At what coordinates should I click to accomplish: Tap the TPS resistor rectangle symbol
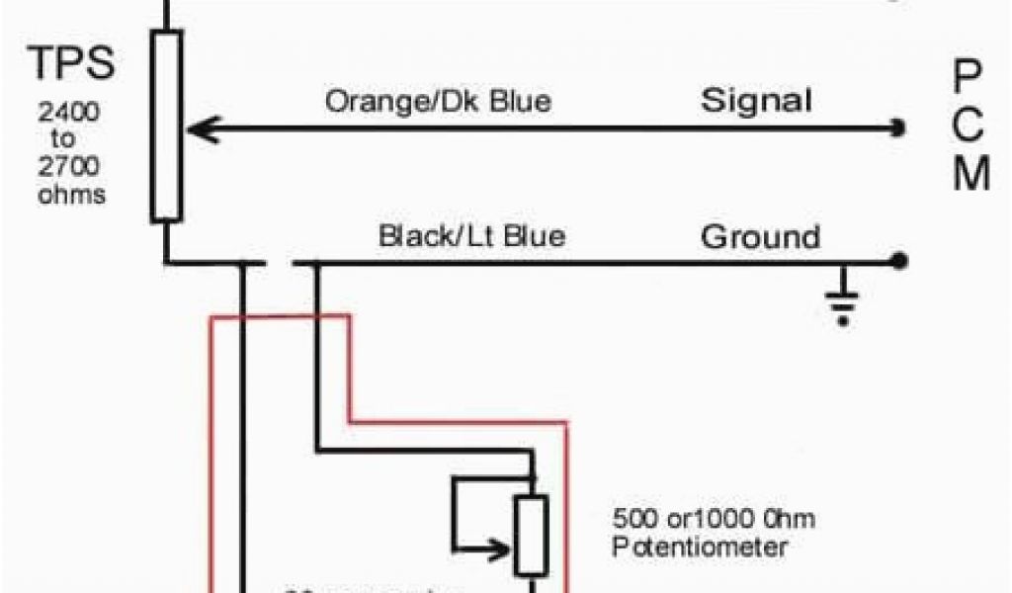166,126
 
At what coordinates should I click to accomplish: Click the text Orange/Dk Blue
439,102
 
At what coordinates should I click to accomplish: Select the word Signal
757,101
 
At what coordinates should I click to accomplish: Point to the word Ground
760,237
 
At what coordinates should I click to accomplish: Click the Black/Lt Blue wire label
472,236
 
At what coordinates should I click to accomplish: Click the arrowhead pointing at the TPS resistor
195,127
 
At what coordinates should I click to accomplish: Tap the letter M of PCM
970,175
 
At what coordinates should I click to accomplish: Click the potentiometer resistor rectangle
531,535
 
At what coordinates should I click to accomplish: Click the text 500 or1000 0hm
714,519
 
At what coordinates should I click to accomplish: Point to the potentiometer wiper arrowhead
507,544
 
